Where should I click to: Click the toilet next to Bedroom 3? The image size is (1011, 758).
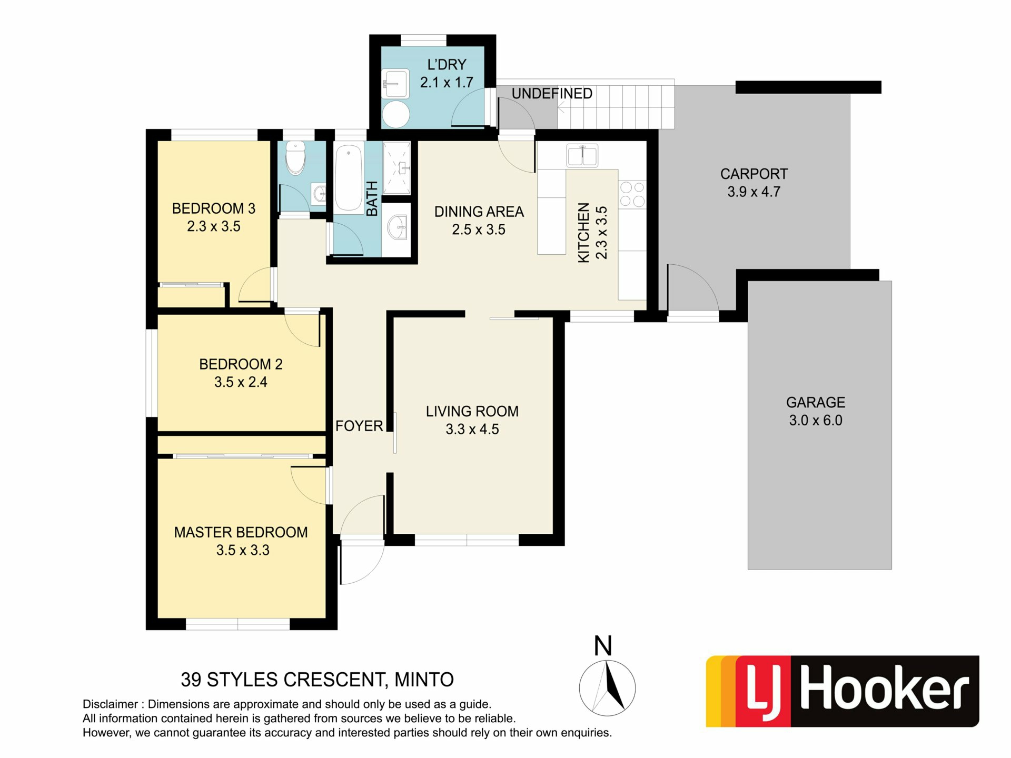pyautogui.click(x=295, y=157)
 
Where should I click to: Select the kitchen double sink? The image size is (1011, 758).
pyautogui.click(x=582, y=156)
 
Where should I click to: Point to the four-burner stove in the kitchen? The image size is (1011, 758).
pyautogui.click(x=632, y=194)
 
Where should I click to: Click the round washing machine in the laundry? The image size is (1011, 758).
pyautogui.click(x=396, y=114)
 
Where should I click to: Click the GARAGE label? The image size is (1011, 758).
pyautogui.click(x=816, y=403)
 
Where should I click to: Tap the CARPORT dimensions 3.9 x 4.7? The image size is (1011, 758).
pyautogui.click(x=754, y=192)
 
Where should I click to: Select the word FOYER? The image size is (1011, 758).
pyautogui.click(x=359, y=426)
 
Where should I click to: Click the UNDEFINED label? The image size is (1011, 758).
pyautogui.click(x=552, y=94)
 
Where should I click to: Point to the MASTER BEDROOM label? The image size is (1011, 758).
pyautogui.click(x=241, y=532)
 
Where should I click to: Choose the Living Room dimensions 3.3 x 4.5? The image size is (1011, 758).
pyautogui.click(x=472, y=430)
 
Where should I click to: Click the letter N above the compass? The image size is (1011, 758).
pyautogui.click(x=603, y=646)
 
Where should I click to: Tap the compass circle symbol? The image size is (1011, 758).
pyautogui.click(x=607, y=687)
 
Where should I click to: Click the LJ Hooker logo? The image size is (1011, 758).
pyautogui.click(x=843, y=691)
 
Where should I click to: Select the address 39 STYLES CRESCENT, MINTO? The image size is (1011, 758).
pyautogui.click(x=317, y=680)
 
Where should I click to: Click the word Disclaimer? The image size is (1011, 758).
pyautogui.click(x=110, y=704)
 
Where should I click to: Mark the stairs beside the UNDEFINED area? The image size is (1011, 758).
pyautogui.click(x=616, y=107)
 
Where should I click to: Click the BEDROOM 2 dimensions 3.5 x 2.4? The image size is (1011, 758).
pyautogui.click(x=241, y=382)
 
